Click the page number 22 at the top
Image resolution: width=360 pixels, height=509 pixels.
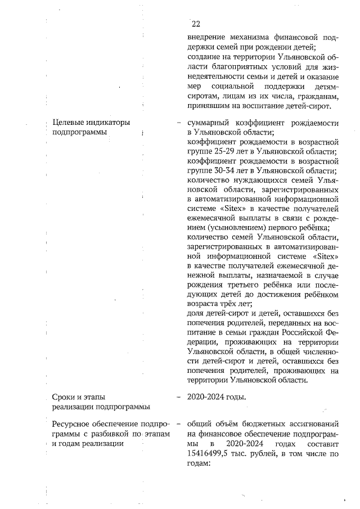tap(196, 24)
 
